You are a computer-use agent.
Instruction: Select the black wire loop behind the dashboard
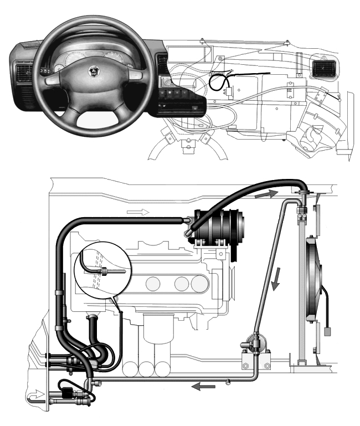click(x=217, y=83)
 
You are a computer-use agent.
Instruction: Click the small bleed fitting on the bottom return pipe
click(x=228, y=381)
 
